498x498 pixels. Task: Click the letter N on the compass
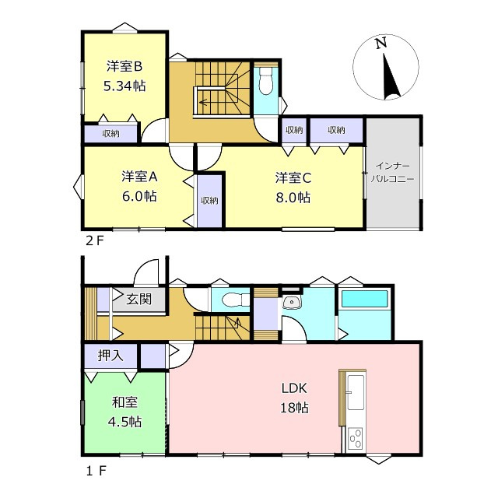point(381,43)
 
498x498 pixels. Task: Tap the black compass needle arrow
point(391,77)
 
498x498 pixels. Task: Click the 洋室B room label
point(124,67)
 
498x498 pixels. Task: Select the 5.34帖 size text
point(124,86)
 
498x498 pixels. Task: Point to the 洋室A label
point(139,177)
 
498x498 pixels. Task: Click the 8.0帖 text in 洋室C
point(293,198)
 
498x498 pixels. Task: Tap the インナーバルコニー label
point(392,173)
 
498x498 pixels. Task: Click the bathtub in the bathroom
point(365,299)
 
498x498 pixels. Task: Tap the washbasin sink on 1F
point(291,302)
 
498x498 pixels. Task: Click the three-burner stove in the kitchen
point(355,439)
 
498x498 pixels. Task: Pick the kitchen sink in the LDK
point(356,392)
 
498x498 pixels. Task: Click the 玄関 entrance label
point(139,299)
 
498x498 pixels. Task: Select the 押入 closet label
point(110,356)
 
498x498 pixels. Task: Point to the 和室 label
point(124,402)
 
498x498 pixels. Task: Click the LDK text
point(294,388)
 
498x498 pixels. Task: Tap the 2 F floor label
point(95,241)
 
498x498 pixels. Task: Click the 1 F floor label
point(96,471)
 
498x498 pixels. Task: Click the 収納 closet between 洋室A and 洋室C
point(209,201)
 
